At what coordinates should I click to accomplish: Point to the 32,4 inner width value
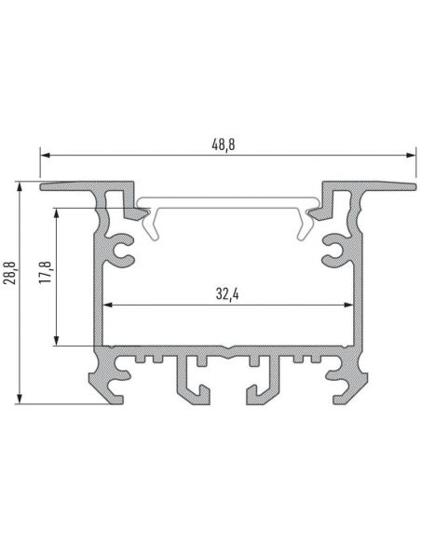pyautogui.click(x=227, y=293)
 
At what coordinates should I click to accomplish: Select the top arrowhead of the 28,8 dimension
pyautogui.click(x=20, y=187)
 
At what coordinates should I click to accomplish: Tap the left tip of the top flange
pyautogui.click(x=44, y=186)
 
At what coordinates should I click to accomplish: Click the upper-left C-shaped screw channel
pyautogui.click(x=121, y=249)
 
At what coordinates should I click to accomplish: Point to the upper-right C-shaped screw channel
pyautogui.click(x=333, y=249)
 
